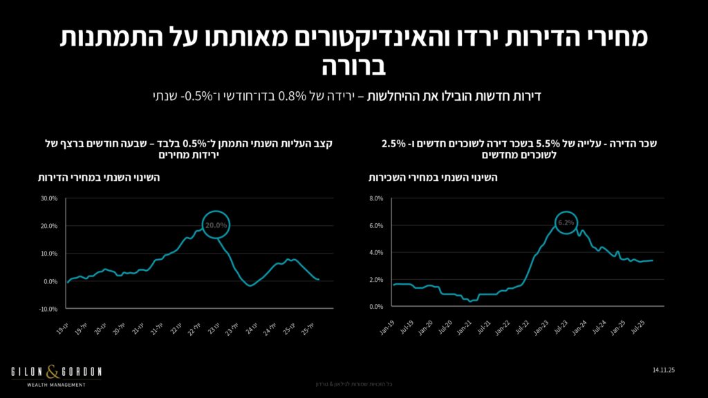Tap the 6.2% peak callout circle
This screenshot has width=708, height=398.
coord(565,222)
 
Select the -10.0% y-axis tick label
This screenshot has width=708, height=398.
coord(48,309)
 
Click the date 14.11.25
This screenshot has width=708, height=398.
coord(662,371)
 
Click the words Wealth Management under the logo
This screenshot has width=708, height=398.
coord(56,385)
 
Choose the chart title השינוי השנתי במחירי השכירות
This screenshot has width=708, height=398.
coord(435,178)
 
